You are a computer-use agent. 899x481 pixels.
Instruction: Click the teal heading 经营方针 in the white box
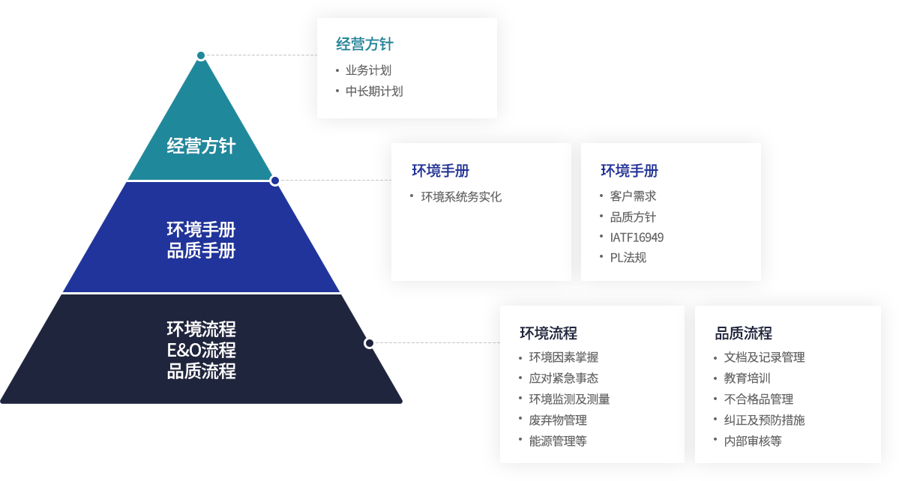click(364, 44)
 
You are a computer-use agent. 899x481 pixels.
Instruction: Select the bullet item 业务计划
click(368, 70)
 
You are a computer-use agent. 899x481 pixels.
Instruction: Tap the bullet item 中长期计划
click(374, 91)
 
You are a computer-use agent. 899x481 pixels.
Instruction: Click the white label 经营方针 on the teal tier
click(201, 145)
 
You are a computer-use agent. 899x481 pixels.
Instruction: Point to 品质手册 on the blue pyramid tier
click(201, 251)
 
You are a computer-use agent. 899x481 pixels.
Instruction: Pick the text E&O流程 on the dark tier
click(201, 350)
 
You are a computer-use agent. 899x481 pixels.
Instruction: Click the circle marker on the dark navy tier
click(370, 343)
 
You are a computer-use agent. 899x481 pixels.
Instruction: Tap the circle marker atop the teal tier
click(200, 55)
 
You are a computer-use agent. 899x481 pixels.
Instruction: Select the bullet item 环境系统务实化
click(461, 197)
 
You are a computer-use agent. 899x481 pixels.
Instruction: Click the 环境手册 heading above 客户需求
click(629, 171)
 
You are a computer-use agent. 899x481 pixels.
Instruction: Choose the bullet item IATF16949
click(637, 238)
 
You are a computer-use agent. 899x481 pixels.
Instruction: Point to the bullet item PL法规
click(628, 258)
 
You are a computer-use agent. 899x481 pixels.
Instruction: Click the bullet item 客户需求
click(633, 196)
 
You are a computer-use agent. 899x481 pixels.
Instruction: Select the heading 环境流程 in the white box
click(548, 333)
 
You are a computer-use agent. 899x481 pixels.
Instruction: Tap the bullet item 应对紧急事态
click(563, 378)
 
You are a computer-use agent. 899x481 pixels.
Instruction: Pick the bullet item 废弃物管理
click(558, 420)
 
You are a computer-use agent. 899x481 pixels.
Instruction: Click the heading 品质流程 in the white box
click(743, 333)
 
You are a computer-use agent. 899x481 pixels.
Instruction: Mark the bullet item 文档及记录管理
click(764, 357)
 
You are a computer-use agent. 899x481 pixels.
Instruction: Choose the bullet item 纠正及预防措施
click(764, 420)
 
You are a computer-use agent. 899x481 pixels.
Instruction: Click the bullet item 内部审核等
click(753, 441)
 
